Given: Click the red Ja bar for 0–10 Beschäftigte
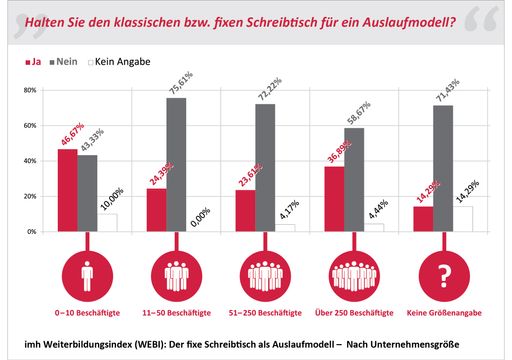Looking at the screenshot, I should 67,190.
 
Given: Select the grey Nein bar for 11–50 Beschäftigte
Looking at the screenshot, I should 176,164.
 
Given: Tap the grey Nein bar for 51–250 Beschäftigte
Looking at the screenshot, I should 265,167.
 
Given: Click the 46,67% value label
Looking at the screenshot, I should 67,131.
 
